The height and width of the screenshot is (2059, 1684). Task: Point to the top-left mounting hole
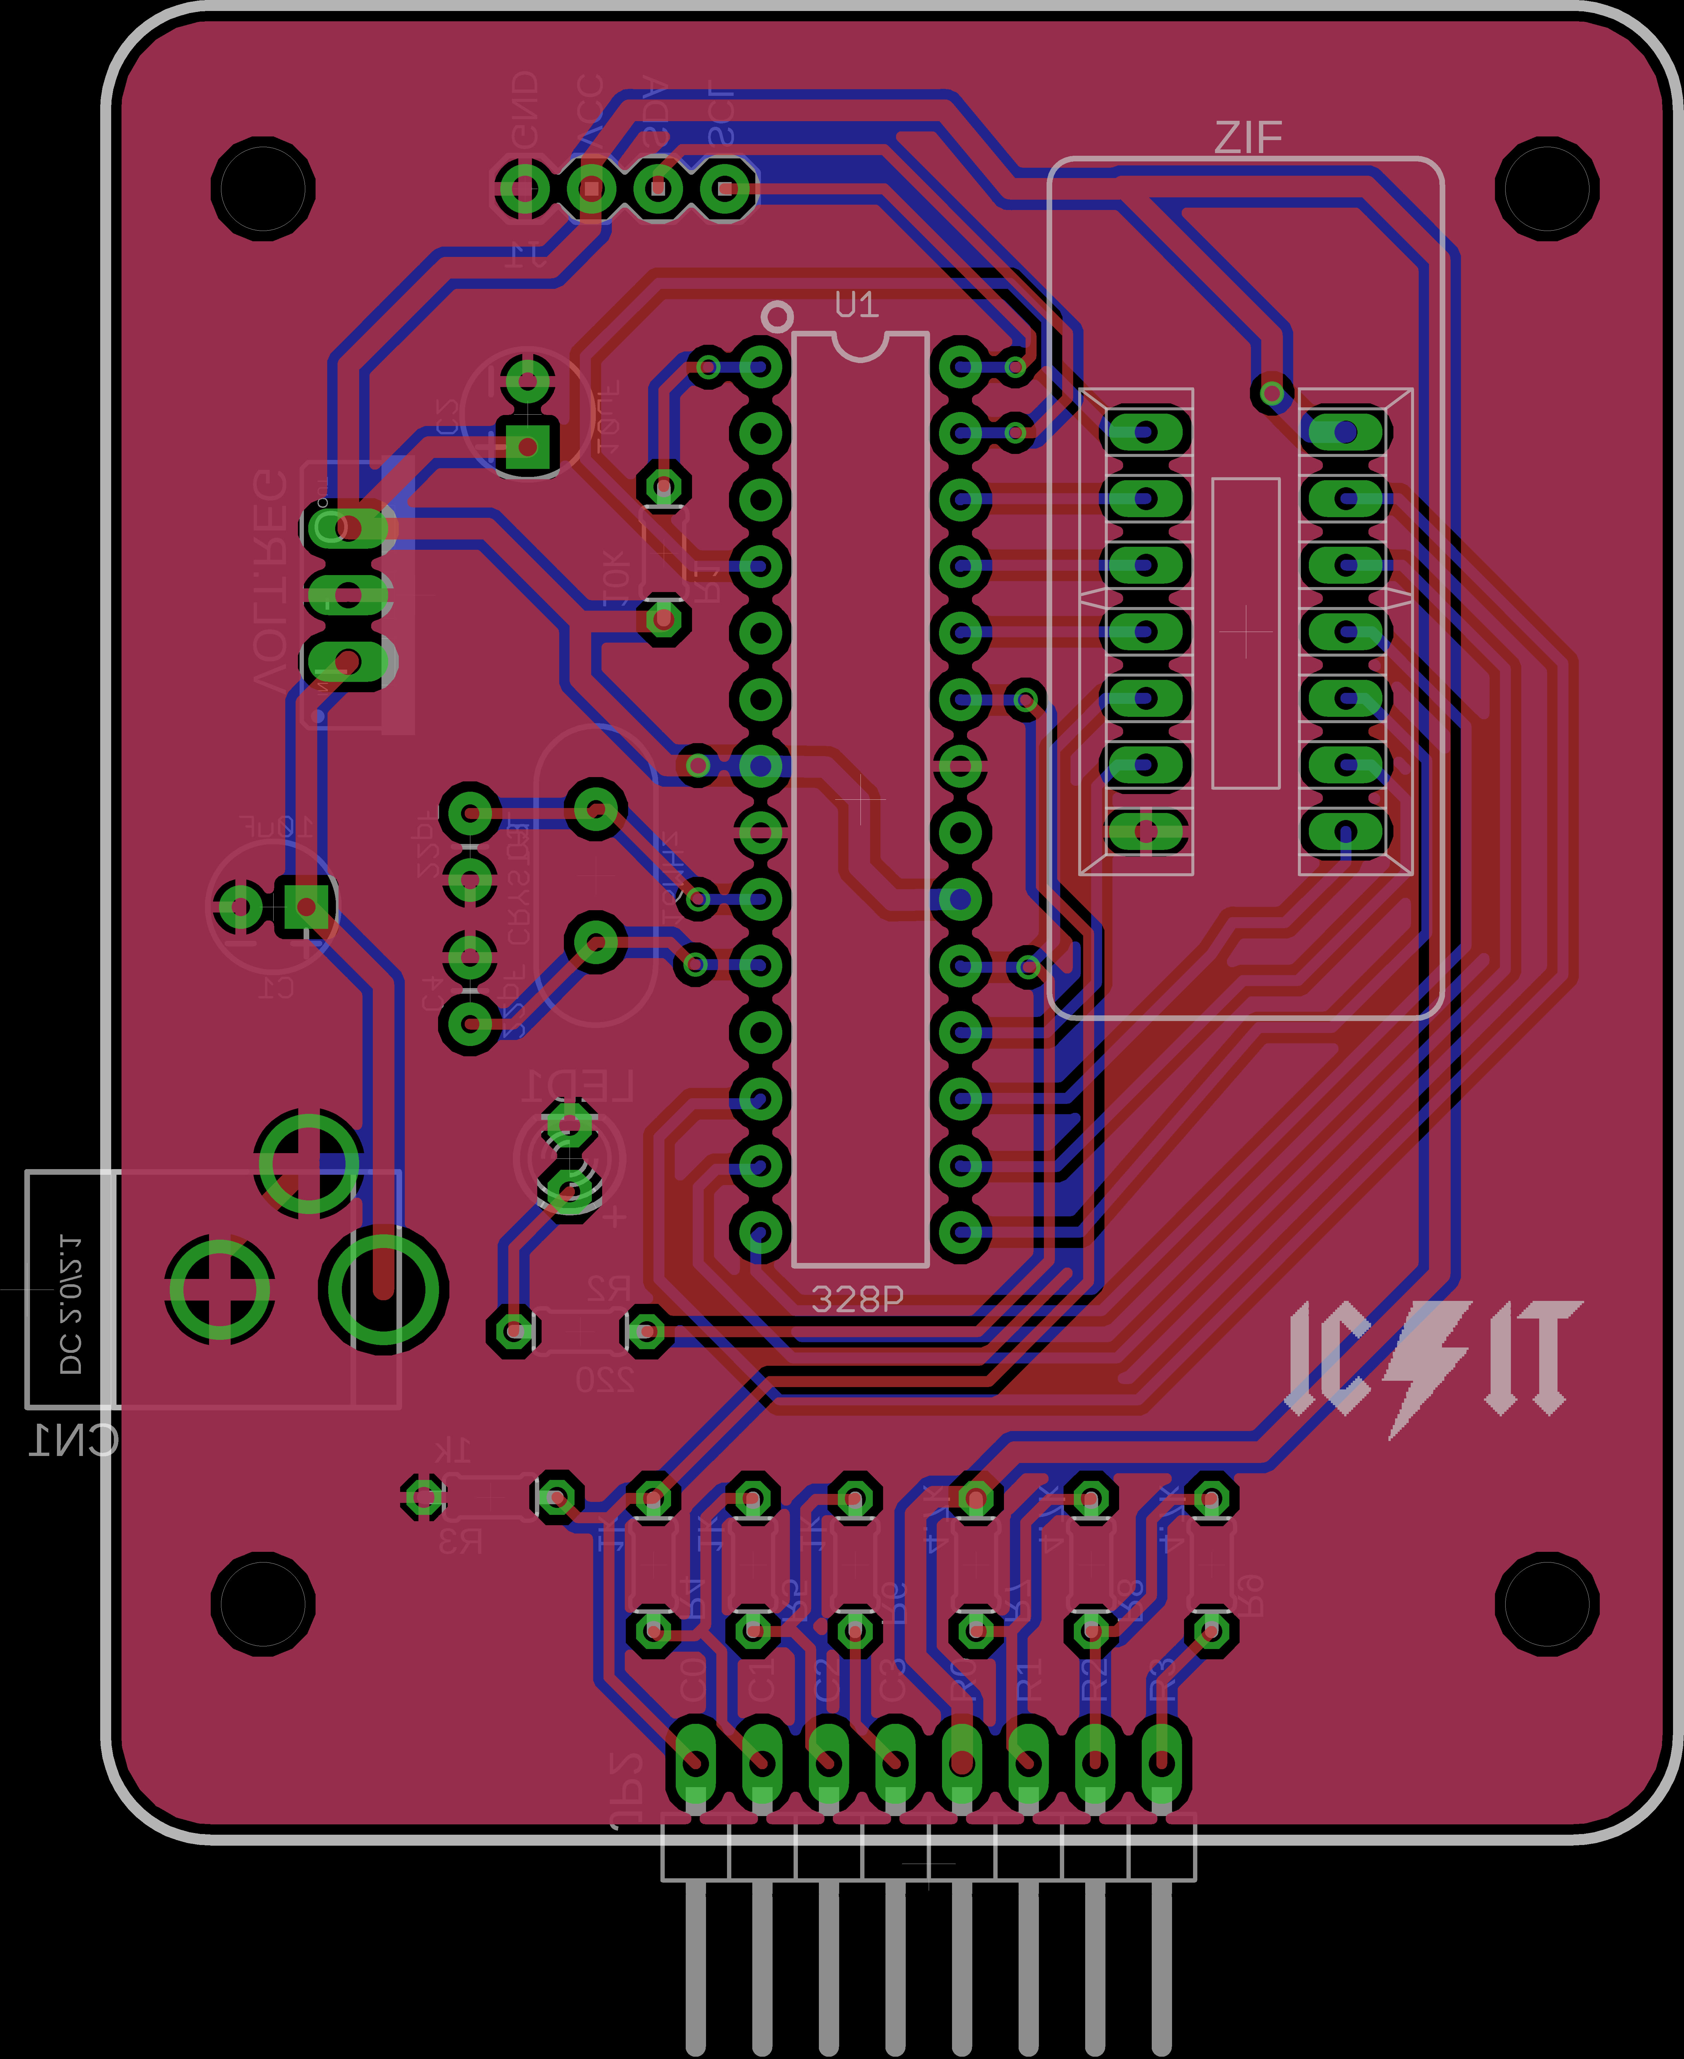(263, 188)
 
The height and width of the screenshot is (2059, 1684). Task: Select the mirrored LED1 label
(578, 1086)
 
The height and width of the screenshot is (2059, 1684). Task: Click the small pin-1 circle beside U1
(777, 316)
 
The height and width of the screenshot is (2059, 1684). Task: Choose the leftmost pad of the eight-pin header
(695, 1762)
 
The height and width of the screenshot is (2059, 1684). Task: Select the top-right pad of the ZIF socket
(1345, 432)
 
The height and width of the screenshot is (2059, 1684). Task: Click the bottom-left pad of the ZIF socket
(1146, 831)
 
